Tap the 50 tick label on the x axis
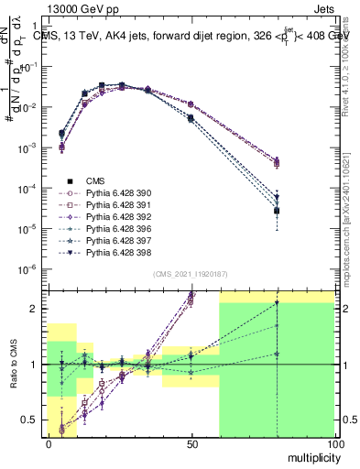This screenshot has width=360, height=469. point(191,443)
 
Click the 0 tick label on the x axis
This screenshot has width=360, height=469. point(49,443)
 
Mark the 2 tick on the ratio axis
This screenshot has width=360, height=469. point(35,309)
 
